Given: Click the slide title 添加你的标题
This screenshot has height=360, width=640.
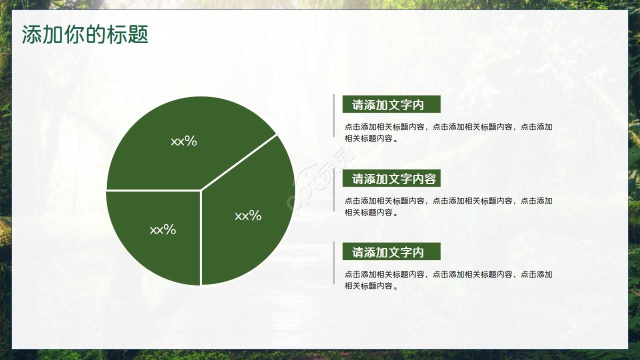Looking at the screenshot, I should [85, 35].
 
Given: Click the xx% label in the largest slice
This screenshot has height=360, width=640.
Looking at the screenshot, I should [184, 141].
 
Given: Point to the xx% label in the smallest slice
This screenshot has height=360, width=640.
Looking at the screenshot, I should [163, 230].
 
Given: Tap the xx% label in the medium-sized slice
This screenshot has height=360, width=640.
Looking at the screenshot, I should [248, 216].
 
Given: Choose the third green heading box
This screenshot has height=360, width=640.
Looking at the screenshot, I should [391, 251].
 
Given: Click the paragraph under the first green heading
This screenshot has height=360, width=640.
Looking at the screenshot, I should [448, 132].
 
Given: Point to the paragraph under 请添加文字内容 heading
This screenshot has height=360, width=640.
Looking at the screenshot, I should [448, 206].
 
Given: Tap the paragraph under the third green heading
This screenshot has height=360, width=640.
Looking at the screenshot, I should [448, 280].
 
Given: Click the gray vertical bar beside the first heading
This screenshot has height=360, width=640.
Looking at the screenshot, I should [334, 115].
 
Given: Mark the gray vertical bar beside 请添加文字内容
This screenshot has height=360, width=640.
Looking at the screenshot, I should [334, 190].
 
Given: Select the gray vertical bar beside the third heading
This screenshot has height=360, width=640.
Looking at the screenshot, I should [334, 263].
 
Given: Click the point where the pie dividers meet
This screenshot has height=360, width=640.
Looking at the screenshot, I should [201, 190].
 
